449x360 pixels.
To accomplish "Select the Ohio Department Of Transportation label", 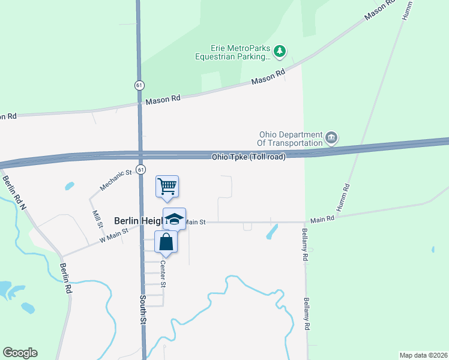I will click(x=290, y=139).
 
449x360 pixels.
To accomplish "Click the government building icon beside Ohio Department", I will click(x=331, y=139).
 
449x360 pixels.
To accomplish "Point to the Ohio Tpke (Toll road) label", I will click(x=248, y=157).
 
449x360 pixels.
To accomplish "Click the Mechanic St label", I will click(x=116, y=181).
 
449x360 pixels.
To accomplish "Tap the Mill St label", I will click(x=97, y=219).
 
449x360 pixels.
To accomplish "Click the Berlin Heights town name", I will click(x=137, y=221).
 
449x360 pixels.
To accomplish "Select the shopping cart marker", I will click(x=167, y=186).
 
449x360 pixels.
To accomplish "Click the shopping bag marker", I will click(x=166, y=242).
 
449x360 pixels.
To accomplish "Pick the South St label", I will click(x=143, y=309).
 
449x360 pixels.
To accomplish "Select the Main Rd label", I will click(x=322, y=220).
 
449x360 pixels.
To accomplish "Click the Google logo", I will click(x=20, y=353).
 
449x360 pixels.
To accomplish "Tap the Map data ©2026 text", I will click(x=423, y=355).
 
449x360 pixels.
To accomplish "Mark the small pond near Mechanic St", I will click(x=70, y=186).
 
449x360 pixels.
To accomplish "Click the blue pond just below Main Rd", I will click(x=271, y=232).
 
